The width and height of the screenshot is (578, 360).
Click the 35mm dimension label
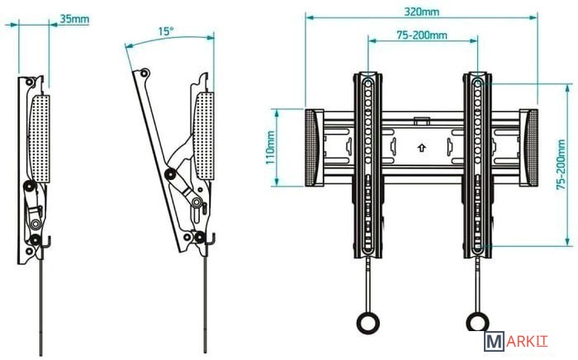coord(74,18)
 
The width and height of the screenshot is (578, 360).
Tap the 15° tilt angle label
coord(165,31)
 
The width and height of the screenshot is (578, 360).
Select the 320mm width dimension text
coord(422,12)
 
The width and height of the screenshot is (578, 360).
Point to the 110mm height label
coord(270,148)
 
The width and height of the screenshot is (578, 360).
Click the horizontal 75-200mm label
coord(422,35)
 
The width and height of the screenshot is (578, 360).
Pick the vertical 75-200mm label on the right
coord(561,164)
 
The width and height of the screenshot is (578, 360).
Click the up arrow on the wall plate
coord(422,148)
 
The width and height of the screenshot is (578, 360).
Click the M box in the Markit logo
coord(494,342)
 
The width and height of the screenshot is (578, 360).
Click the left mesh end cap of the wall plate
coord(310,148)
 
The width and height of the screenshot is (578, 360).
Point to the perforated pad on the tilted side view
coord(204,136)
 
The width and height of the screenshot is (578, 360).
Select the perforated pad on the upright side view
coord(39,138)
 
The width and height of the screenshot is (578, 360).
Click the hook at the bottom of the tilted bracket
coord(211,239)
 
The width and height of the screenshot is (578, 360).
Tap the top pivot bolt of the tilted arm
coord(144,73)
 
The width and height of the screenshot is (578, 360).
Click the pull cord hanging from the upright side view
coord(41,306)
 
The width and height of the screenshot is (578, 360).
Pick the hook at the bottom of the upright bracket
coord(46,242)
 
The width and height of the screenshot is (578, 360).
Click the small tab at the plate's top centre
coord(421,121)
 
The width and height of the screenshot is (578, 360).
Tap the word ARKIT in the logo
coord(527,342)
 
